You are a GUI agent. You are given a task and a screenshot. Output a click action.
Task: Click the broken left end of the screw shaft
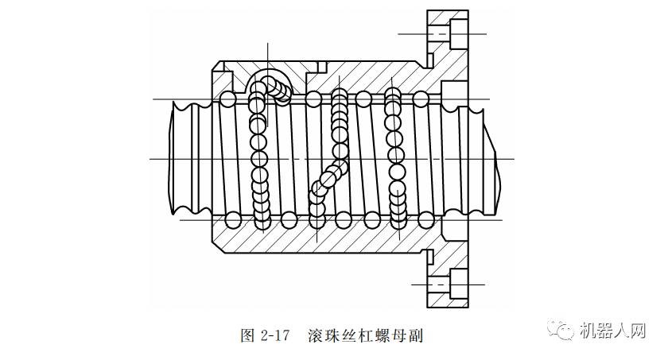[x=177, y=159]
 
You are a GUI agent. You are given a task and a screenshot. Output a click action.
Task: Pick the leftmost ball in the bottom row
[x=232, y=219]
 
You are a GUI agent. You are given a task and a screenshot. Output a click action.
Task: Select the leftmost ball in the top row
[x=229, y=99]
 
